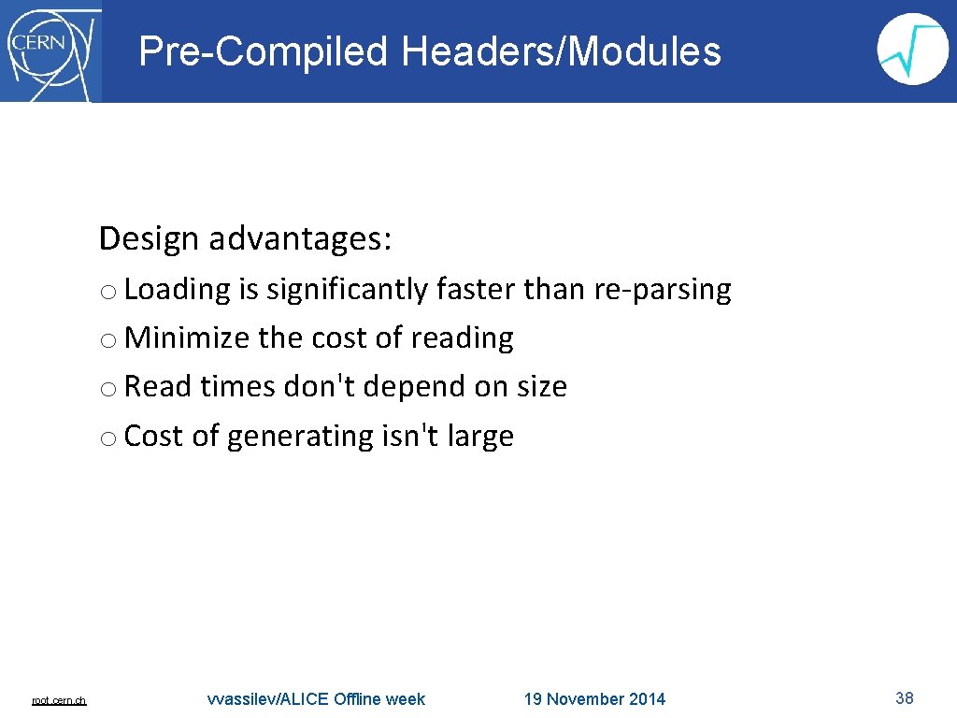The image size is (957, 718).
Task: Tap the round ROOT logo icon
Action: [x=912, y=50]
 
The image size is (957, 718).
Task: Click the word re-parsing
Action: [x=663, y=290]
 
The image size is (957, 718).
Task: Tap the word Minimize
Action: [x=187, y=337]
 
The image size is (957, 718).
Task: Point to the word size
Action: [x=537, y=386]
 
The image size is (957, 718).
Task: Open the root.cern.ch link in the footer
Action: [x=59, y=700]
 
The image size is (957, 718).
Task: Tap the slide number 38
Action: [x=904, y=697]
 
